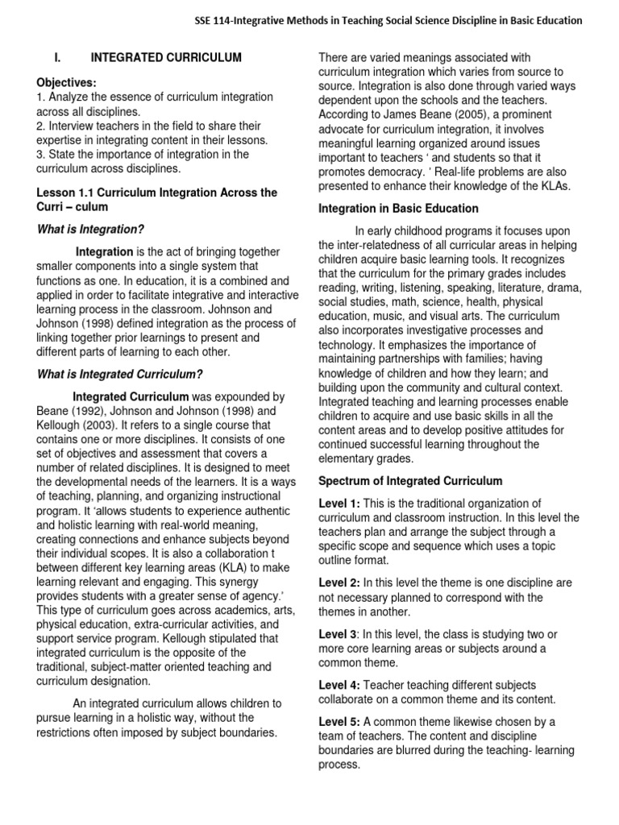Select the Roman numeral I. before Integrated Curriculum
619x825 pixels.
coord(56,58)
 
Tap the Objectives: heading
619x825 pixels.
coord(67,83)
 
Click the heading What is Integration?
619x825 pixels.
coord(90,229)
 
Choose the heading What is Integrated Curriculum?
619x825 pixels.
coord(120,374)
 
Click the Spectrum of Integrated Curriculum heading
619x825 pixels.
coord(410,481)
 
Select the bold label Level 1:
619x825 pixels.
coord(339,503)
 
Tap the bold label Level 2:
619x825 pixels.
coord(339,582)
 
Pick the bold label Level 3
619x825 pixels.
coord(338,634)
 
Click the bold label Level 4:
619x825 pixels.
coord(339,685)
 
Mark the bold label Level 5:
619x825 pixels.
coord(339,721)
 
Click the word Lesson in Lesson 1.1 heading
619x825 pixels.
coord(57,193)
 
